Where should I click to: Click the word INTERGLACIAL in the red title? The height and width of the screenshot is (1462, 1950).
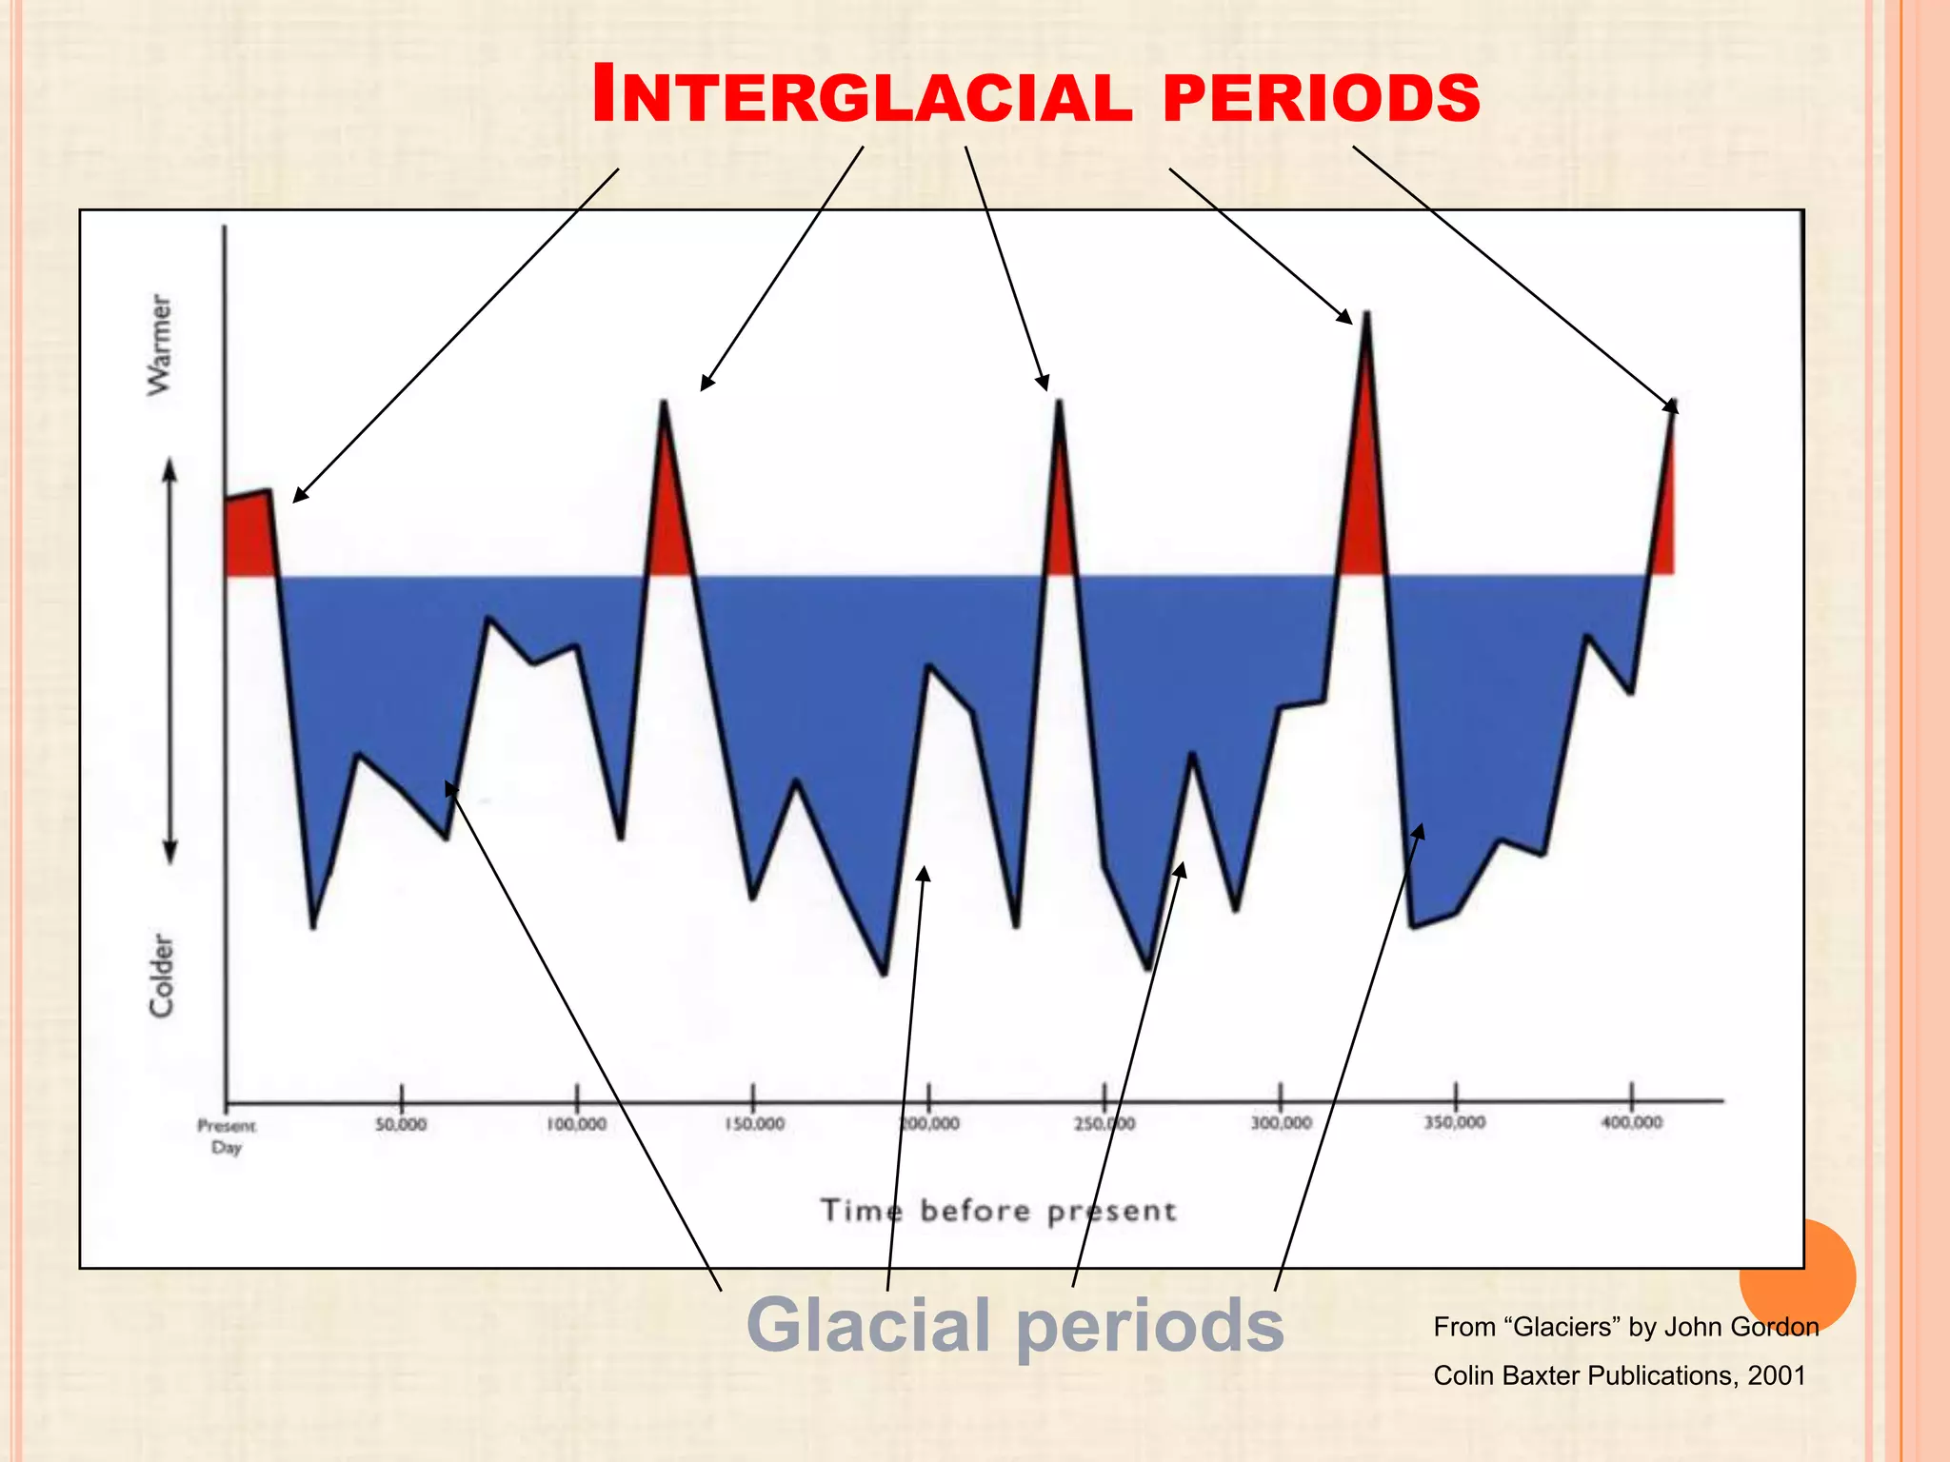pyautogui.click(x=862, y=95)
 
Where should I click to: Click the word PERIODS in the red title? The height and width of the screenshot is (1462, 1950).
pyautogui.click(x=1322, y=97)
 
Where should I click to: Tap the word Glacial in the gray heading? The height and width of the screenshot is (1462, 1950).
pyautogui.click(x=868, y=1325)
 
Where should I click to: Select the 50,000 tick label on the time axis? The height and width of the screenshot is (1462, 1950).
pyautogui.click(x=401, y=1124)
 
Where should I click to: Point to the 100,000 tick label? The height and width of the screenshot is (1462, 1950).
pyautogui.click(x=576, y=1124)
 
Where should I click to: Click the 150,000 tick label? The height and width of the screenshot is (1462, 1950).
pyautogui.click(x=754, y=1124)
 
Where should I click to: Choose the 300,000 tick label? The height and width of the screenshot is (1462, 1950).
pyautogui.click(x=1281, y=1124)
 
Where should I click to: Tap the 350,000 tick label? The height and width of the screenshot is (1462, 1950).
pyautogui.click(x=1455, y=1123)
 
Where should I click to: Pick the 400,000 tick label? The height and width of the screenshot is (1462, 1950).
pyautogui.click(x=1631, y=1123)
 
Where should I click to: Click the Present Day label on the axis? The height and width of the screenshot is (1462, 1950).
pyautogui.click(x=227, y=1136)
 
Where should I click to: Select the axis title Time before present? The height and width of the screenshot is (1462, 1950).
pyautogui.click(x=998, y=1211)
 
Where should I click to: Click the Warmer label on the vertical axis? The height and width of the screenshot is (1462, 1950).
pyautogui.click(x=160, y=345)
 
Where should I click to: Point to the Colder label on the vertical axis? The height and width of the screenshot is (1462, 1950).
pyautogui.click(x=162, y=976)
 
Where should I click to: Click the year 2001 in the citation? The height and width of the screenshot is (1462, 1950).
pyautogui.click(x=1776, y=1375)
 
